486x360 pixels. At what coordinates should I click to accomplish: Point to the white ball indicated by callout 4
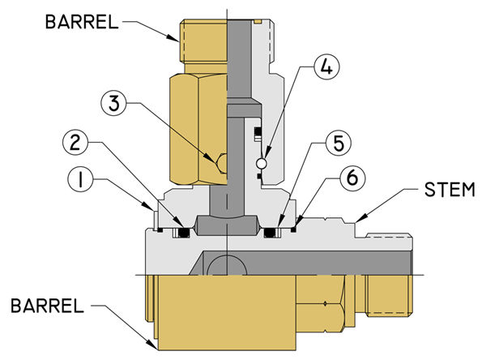tap(261, 164)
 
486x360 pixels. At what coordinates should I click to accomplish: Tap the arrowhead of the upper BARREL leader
tap(176, 37)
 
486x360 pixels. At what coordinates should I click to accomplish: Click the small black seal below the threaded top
tap(260, 132)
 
